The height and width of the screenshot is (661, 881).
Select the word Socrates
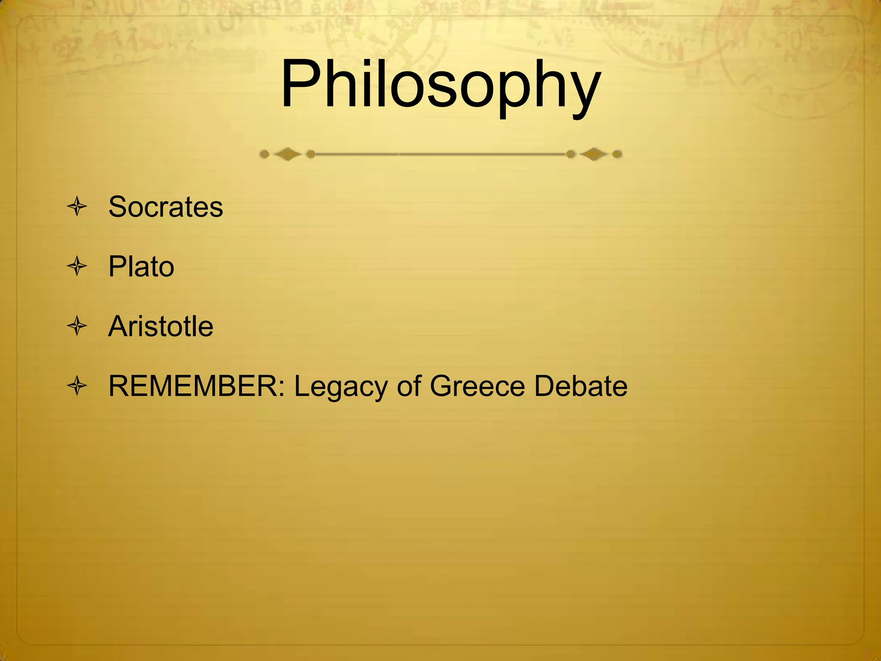[x=166, y=207]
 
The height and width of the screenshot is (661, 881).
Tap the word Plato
[x=141, y=266]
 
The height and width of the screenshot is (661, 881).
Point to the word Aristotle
[x=160, y=326]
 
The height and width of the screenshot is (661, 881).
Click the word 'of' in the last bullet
[x=409, y=386]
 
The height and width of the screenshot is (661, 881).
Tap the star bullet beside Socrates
[x=77, y=207]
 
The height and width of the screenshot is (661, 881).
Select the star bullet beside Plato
[x=77, y=266]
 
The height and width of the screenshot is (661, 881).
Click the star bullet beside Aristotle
[x=77, y=326]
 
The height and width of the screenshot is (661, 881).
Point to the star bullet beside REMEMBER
[x=77, y=386]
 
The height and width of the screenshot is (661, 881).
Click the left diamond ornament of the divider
[x=287, y=154]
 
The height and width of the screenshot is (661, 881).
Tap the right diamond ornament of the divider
[x=594, y=154]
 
